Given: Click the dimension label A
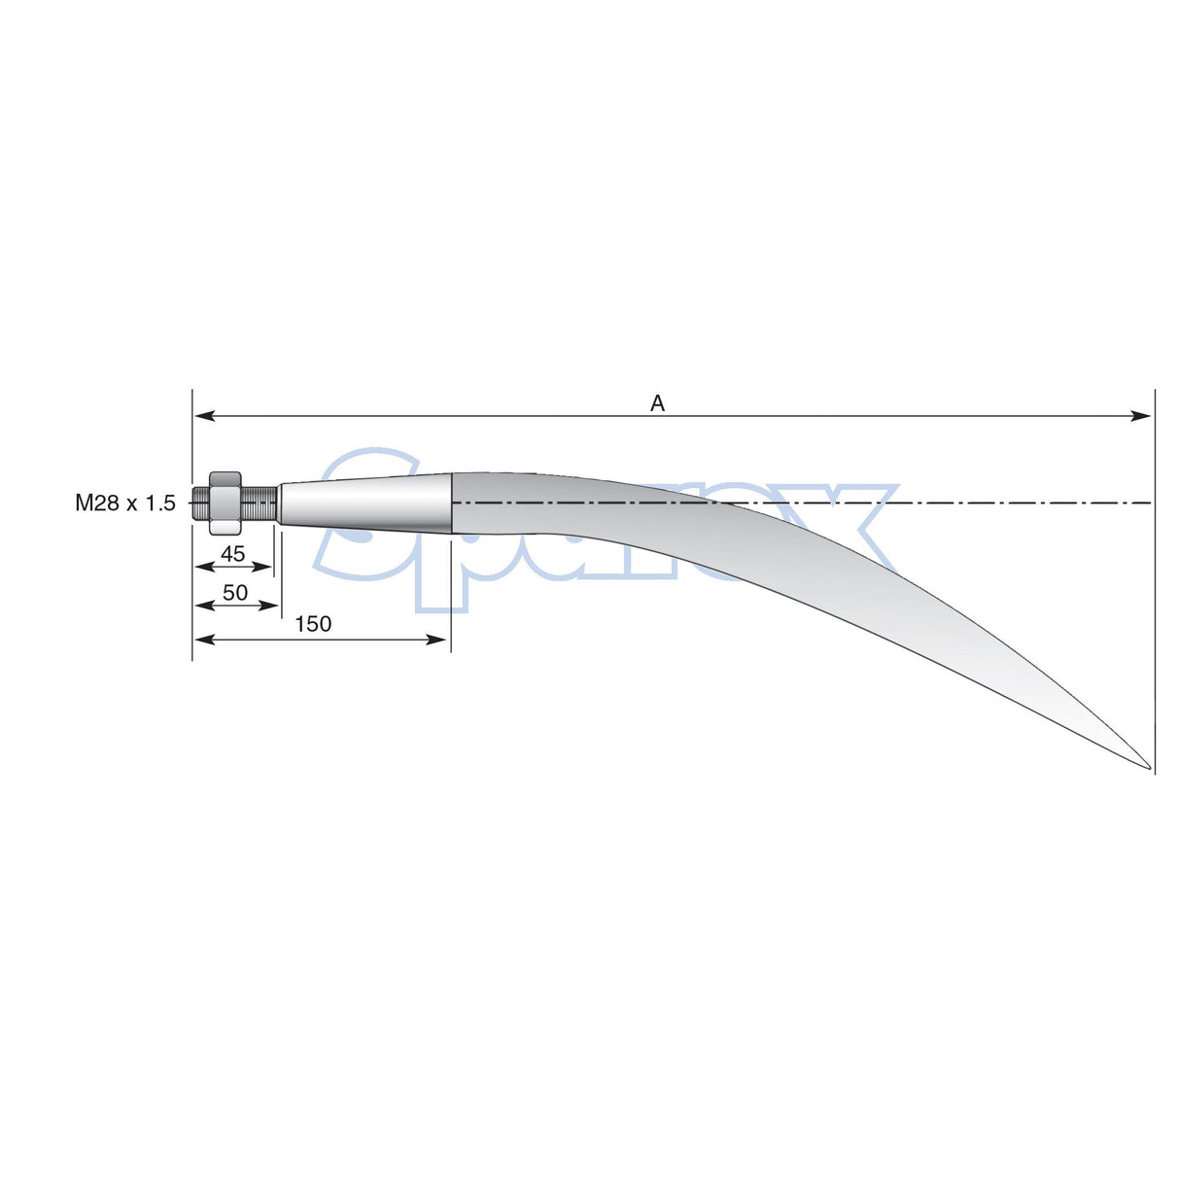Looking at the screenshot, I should [657, 403].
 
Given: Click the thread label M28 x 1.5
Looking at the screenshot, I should [125, 503].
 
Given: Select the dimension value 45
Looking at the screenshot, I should [232, 554].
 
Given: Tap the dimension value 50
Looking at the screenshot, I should [235, 592].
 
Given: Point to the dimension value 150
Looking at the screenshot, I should [313, 624].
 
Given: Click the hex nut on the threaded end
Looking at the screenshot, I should [225, 503].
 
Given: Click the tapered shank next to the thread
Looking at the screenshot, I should [364, 503].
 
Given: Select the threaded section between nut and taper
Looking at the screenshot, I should [260, 503].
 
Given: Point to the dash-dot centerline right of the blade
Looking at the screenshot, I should [1021, 503].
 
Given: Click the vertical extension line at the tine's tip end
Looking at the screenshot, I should [1155, 583].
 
